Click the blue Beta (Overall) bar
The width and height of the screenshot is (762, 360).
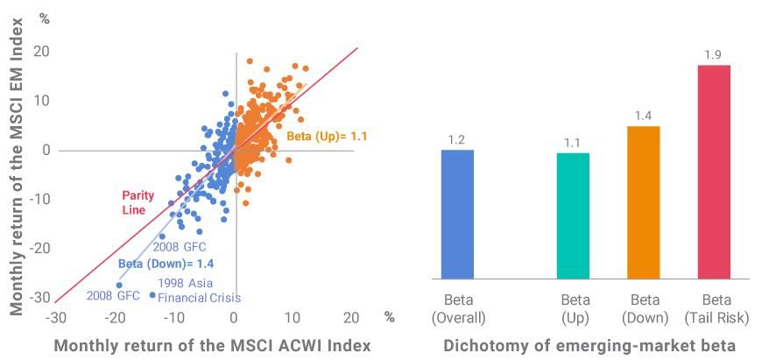[457, 214]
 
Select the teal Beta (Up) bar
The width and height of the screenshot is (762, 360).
[574, 215]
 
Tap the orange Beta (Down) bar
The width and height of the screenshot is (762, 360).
[643, 202]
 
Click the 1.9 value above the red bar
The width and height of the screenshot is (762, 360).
[711, 55]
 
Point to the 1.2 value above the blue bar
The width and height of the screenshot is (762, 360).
[457, 139]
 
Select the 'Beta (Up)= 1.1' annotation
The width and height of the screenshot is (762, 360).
[328, 137]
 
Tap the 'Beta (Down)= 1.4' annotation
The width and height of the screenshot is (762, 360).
[166, 263]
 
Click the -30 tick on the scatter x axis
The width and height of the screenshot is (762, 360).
[55, 318]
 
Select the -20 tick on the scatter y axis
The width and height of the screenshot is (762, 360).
[38, 248]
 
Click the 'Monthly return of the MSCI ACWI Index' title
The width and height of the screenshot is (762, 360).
[213, 346]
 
